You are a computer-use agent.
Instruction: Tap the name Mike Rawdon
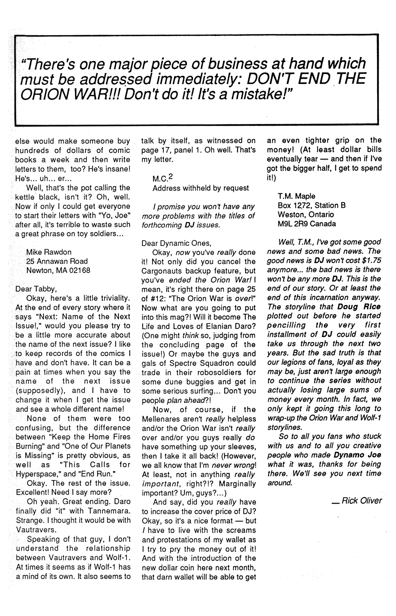pos(49,252)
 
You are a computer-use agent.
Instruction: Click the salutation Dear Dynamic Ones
pos(176,243)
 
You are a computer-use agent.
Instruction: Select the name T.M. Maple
pos(296,196)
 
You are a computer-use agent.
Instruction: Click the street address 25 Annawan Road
pos(57,261)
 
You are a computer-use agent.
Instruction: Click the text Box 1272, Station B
pos(311,205)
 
